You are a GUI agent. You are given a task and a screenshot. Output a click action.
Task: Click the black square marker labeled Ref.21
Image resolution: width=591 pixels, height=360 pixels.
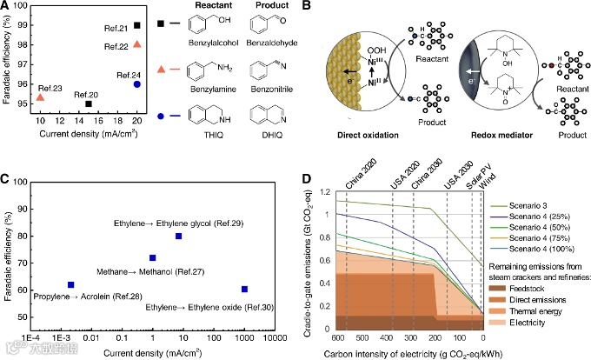[x=137, y=26]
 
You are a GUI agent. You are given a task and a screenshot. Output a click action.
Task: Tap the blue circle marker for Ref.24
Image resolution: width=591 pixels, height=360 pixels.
[x=137, y=84]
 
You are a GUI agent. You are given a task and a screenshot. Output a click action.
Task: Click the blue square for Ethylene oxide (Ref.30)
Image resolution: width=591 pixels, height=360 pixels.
[x=245, y=290]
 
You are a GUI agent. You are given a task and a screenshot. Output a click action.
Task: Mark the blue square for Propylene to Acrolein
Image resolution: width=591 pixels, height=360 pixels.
[x=71, y=284]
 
